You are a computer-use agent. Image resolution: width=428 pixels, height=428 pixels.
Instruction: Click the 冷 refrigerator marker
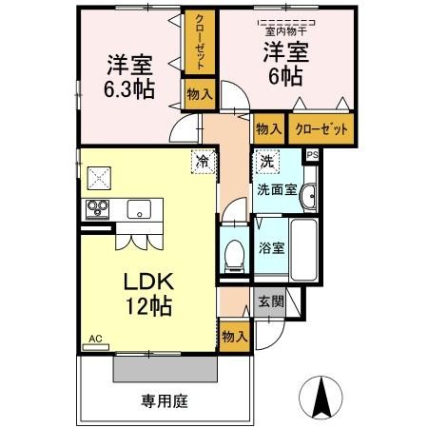[x=203, y=161]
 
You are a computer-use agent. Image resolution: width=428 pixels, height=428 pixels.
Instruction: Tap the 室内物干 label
[x=283, y=29]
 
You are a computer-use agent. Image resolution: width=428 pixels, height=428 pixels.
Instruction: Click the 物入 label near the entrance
[x=233, y=335]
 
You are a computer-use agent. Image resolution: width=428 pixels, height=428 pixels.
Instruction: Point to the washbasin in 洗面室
[x=307, y=196]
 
